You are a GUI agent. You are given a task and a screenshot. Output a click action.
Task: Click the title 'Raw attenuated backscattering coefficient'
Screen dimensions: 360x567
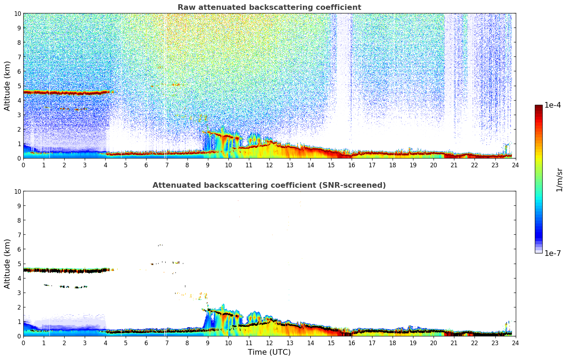coord(269,7)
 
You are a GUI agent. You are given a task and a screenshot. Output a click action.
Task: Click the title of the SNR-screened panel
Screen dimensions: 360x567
coord(269,185)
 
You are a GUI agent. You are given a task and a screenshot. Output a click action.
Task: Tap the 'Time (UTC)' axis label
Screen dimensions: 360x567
coord(269,352)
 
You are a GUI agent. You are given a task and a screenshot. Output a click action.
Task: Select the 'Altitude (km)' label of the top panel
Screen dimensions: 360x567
coord(7,86)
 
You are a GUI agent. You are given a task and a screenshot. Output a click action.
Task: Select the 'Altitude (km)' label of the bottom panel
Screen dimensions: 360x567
coord(7,264)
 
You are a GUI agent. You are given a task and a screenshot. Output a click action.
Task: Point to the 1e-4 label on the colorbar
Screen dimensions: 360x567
coord(553,106)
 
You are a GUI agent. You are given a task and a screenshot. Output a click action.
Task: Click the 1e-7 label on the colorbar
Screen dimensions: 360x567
coord(553,253)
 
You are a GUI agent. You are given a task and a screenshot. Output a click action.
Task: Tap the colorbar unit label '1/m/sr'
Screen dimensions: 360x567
coord(559,180)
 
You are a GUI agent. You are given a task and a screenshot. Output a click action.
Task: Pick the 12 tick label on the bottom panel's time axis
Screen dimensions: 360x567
coord(269,343)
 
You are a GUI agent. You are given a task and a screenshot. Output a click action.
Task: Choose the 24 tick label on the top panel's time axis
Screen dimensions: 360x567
coord(515,165)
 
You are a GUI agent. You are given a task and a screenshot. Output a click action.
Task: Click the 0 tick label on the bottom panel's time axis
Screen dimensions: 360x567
coord(24,343)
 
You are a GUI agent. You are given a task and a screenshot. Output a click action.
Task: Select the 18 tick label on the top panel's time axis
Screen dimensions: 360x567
coord(393,165)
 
